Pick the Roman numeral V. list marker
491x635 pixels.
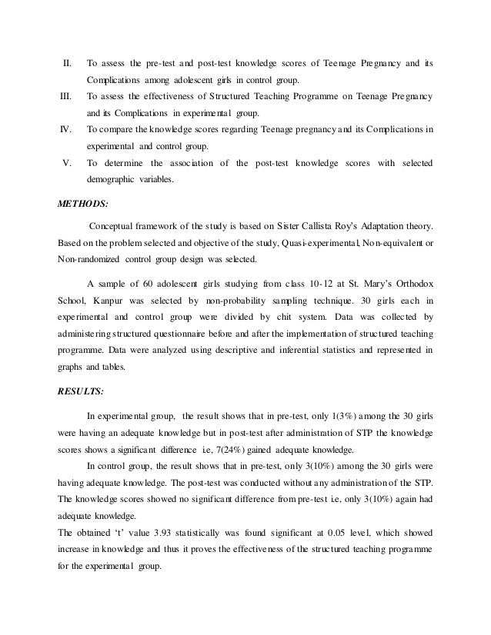(67, 163)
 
